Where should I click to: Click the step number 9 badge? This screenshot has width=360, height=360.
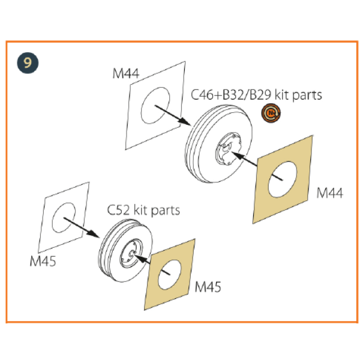pyautogui.click(x=28, y=63)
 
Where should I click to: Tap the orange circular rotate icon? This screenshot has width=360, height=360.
pyautogui.click(x=271, y=113)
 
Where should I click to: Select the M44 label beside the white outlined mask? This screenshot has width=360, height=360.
pyautogui.click(x=126, y=74)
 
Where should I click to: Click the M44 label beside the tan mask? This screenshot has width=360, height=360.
pyautogui.click(x=329, y=193)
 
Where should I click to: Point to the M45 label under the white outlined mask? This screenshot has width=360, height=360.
pyautogui.click(x=43, y=261)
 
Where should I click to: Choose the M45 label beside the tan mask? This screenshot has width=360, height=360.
pyautogui.click(x=208, y=287)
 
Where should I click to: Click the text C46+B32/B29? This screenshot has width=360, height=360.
pyautogui.click(x=231, y=95)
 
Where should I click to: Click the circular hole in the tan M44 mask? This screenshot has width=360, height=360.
pyautogui.click(x=283, y=179)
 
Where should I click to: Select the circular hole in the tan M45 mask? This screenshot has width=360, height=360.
pyautogui.click(x=170, y=275)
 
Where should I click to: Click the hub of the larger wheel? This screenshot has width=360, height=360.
pyautogui.click(x=229, y=149)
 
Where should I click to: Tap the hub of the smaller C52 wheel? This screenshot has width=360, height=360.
pyautogui.click(x=131, y=253)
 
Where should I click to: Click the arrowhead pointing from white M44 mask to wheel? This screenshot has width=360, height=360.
pyautogui.click(x=185, y=122)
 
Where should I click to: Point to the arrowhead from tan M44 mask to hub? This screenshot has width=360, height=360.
pyautogui.click(x=238, y=155)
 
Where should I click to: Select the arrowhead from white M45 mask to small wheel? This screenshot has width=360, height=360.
pyautogui.click(x=94, y=234)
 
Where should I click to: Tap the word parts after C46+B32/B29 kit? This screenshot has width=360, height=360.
pyautogui.click(x=307, y=95)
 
